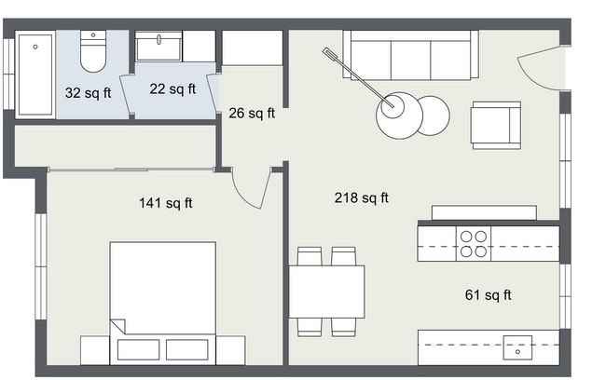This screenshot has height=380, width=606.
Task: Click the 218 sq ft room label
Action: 362,197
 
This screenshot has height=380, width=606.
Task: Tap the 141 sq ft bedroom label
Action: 166,203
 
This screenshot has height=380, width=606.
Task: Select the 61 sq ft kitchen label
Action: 489,295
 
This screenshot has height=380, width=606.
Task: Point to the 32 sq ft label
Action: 86,93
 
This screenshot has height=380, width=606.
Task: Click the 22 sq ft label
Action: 172,89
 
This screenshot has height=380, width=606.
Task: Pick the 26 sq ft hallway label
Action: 252,114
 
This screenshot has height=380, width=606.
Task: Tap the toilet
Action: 94,53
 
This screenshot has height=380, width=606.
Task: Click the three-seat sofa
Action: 410,56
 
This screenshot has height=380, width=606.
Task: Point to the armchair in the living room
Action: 495,125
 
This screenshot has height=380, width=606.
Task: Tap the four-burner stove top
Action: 474,243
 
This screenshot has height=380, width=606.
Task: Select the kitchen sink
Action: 516,346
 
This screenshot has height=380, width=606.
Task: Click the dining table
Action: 326,291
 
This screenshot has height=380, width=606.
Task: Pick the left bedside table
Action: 94,350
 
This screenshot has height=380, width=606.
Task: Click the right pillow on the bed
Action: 190,349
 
